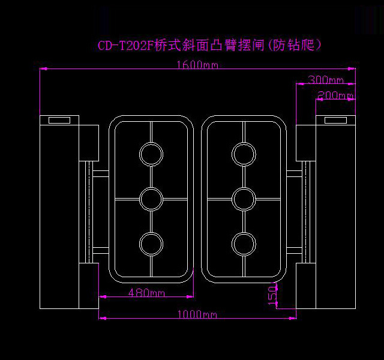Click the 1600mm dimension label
197,65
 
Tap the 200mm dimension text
335,95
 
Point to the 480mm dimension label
146,293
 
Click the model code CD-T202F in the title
125,46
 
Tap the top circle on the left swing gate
151,154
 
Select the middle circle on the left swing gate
151,198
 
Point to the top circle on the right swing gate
244,154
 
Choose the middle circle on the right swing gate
244,198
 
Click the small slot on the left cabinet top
59,120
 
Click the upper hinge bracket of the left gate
100,173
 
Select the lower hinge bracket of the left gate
100,248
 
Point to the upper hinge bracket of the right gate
295,173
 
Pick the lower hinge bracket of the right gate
295,248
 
